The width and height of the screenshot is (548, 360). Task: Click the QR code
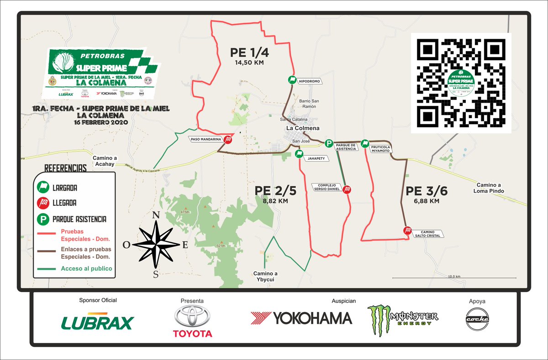pos(461,83)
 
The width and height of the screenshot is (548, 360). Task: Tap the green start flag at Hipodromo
pos(291,80)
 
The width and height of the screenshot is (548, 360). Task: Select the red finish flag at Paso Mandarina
pos(227,140)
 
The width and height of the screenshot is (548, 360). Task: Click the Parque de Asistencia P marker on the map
pos(328,144)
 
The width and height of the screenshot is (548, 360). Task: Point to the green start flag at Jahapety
pos(299,154)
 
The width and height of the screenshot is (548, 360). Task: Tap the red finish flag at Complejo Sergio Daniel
pos(348,189)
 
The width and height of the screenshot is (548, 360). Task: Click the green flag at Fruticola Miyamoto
pos(365,144)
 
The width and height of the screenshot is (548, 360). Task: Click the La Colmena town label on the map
pos(302,128)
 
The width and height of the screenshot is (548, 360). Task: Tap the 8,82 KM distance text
pos(276,201)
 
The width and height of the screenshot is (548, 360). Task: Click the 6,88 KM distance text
pos(427,201)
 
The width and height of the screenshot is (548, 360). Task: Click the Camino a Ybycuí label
pos(266,276)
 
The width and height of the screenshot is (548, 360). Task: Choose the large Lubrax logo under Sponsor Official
pos(97,322)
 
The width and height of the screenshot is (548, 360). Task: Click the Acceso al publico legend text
pos(86,268)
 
